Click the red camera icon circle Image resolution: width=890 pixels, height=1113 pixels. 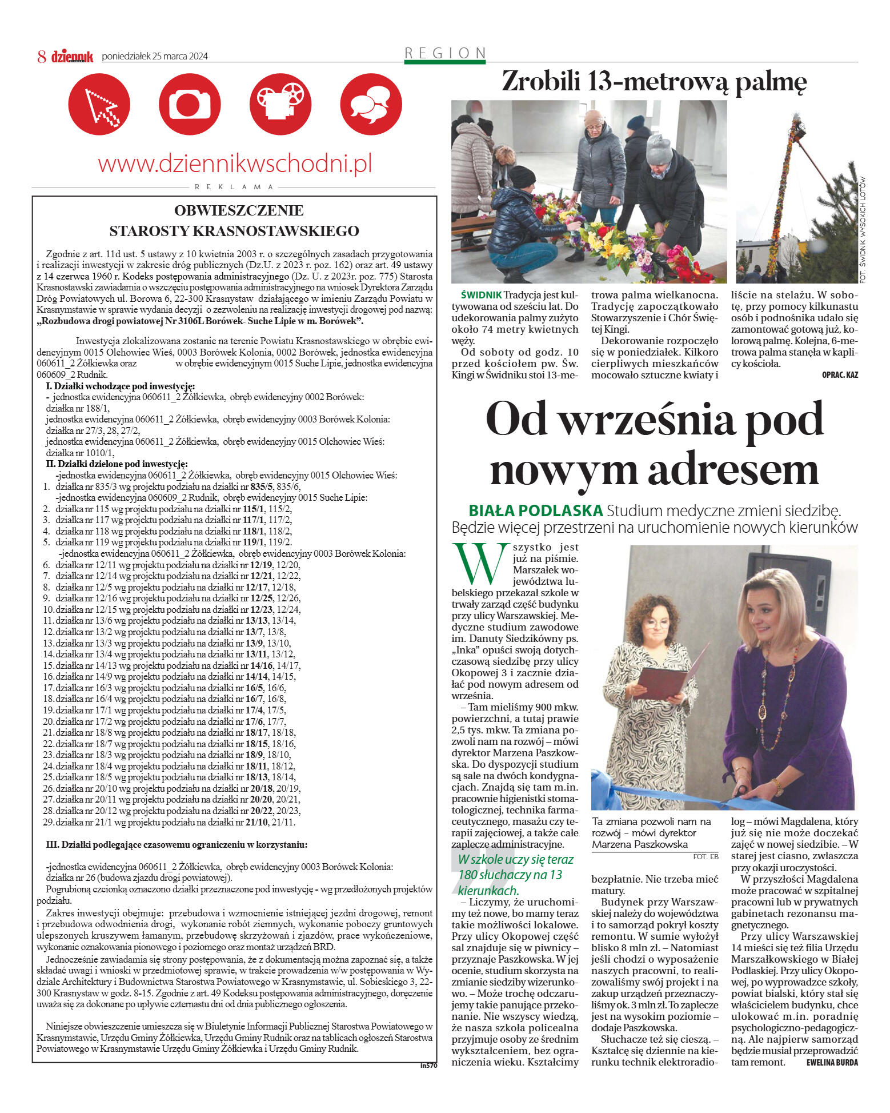coord(189,104)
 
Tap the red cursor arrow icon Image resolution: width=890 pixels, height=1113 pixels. coord(99,104)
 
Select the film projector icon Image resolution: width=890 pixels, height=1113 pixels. coord(280,104)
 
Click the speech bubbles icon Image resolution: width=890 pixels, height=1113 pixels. coord(371,104)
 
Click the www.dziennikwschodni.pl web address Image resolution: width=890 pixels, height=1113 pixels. coord(235,164)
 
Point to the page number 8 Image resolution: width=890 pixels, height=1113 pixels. coord(41,56)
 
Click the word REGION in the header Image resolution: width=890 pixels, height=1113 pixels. coord(445,53)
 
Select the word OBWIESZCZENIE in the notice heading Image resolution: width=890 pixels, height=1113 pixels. coord(239,210)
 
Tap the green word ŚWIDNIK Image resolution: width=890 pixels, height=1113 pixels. coord(481,295)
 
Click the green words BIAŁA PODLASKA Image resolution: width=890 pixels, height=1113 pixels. coord(535,510)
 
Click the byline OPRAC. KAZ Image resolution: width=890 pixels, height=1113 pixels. coord(839,375)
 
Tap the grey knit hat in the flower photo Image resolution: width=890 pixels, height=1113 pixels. coord(659,150)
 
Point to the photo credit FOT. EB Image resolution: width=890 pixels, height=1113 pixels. coord(705,856)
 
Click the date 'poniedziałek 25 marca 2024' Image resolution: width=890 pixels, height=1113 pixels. coord(155,56)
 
